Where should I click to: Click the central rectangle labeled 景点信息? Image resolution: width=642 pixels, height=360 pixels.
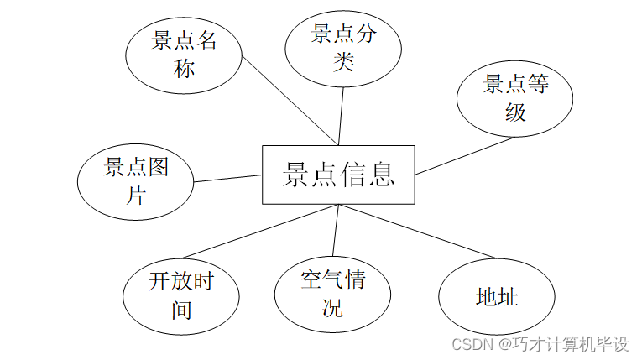pyautogui.click(x=338, y=175)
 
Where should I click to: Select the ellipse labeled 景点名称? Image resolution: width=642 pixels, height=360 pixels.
pyautogui.click(x=184, y=55)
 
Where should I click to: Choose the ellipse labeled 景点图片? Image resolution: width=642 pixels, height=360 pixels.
pyautogui.click(x=136, y=181)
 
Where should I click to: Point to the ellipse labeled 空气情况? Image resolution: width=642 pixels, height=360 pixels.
pyautogui.click(x=332, y=293)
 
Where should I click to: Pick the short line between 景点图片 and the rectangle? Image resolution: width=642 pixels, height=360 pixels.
pyautogui.click(x=228, y=178)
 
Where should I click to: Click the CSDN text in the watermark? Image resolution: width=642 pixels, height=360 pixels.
pyautogui.click(x=471, y=343)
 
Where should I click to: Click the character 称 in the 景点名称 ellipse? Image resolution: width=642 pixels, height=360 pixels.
pyautogui.click(x=184, y=68)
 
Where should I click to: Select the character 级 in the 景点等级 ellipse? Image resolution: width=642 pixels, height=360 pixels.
pyautogui.click(x=515, y=111)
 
